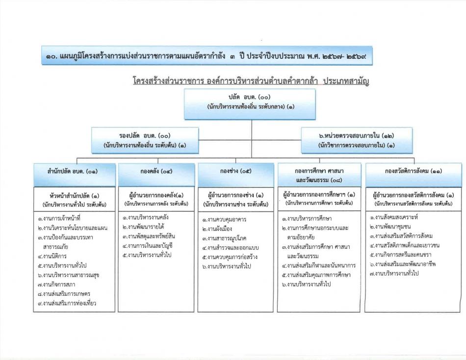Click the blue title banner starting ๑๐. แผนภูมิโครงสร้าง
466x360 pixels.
pyautogui.click(x=207, y=55)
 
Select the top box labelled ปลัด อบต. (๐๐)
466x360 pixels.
pyautogui.click(x=250, y=104)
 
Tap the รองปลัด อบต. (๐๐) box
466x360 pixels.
pyautogui.click(x=145, y=140)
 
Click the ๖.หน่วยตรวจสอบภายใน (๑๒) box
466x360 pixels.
pyautogui.click(x=357, y=140)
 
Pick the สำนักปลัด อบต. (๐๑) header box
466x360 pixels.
pyautogui.click(x=75, y=175)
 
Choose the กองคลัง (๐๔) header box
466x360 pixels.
pyautogui.click(x=156, y=175)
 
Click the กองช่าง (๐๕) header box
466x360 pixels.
pyautogui.click(x=235, y=175)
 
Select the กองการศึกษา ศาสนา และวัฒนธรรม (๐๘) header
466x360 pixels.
pyautogui.click(x=319, y=175)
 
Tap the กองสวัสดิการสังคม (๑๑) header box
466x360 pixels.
pyautogui.click(x=414, y=175)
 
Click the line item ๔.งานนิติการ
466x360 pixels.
pyautogui.click(x=52, y=256)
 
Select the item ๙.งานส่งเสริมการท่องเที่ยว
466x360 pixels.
pyautogui.click(x=67, y=303)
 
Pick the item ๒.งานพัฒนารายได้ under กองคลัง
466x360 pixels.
pyautogui.click(x=143, y=227)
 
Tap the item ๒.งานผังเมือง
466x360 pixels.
pyautogui.click(x=217, y=229)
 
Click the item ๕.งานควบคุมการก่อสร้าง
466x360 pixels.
pyautogui.click(x=230, y=257)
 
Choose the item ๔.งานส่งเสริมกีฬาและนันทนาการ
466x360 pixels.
pyautogui.click(x=318, y=265)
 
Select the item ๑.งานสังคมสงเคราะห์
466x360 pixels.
pyautogui.click(x=394, y=217)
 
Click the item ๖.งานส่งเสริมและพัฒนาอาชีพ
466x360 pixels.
pyautogui.click(x=403, y=264)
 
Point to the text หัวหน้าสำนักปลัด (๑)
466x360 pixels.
pyautogui.click(x=74, y=196)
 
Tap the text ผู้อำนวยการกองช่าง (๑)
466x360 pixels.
pyautogui.click(x=235, y=195)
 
